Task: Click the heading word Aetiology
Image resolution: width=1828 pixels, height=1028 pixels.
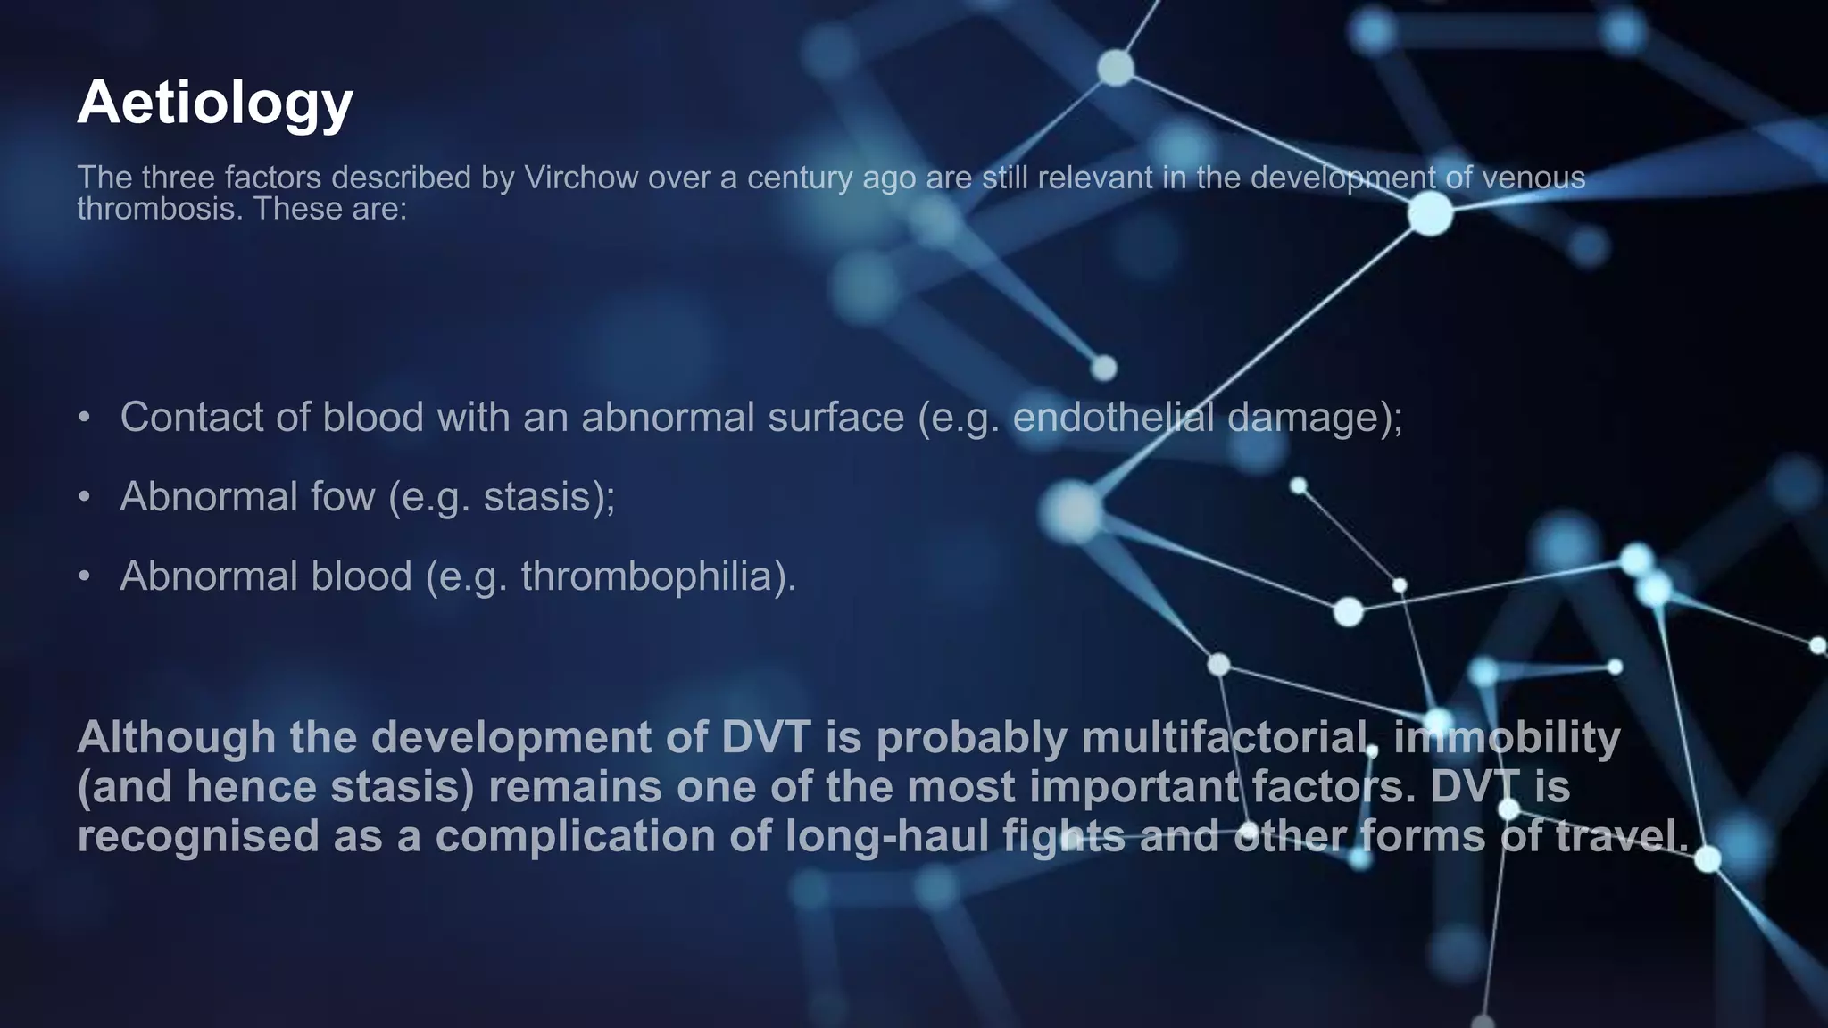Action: tap(215, 104)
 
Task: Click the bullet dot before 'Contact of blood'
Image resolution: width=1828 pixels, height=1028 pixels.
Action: tap(84, 418)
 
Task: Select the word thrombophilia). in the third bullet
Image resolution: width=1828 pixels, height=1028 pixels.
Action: tap(658, 576)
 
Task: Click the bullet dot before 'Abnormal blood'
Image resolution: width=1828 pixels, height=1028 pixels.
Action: tap(84, 576)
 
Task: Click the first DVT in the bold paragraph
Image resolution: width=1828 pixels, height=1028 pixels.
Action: tap(766, 738)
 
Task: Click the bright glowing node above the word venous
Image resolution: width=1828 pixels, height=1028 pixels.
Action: tap(1430, 214)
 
